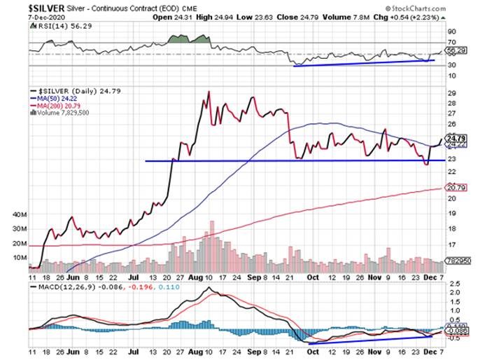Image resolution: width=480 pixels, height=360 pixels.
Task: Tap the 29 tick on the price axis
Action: coord(451,93)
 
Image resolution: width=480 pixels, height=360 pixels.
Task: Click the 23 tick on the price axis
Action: coord(451,160)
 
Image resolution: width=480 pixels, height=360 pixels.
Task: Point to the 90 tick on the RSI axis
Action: coord(452,32)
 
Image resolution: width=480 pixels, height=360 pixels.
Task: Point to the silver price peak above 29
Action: coord(209,92)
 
